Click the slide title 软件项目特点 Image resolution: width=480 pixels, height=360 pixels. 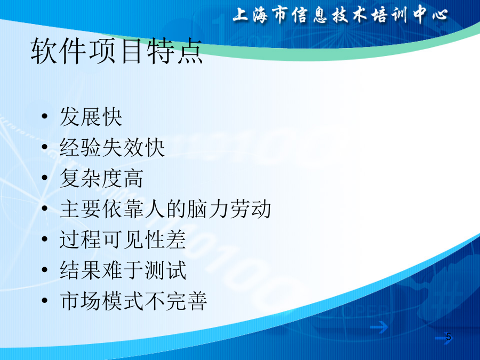[116, 51]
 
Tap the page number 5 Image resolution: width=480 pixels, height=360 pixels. [449, 337]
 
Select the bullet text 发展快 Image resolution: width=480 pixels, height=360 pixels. [91, 117]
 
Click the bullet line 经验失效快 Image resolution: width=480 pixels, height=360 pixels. [113, 147]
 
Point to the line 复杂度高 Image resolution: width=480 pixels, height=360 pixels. [102, 178]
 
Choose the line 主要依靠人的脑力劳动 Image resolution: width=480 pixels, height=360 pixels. [165, 209]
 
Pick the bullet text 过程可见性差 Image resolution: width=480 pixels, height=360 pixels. [123, 239]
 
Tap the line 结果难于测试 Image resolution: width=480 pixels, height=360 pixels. [123, 270]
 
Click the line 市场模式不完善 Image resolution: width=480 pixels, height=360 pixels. [133, 301]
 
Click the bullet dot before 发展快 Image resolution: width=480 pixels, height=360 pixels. [45, 116]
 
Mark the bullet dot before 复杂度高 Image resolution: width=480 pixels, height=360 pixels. [45, 178]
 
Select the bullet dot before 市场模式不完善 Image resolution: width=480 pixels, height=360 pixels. [45, 300]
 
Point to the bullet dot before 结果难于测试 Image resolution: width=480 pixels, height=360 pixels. [45, 270]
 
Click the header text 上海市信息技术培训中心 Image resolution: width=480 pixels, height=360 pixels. [340, 15]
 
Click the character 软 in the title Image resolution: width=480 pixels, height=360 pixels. [44, 51]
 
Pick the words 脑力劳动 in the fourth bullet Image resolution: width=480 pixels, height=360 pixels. [229, 209]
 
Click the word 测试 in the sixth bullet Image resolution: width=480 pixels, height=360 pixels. [165, 270]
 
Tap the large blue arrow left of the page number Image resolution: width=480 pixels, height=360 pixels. [379, 327]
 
